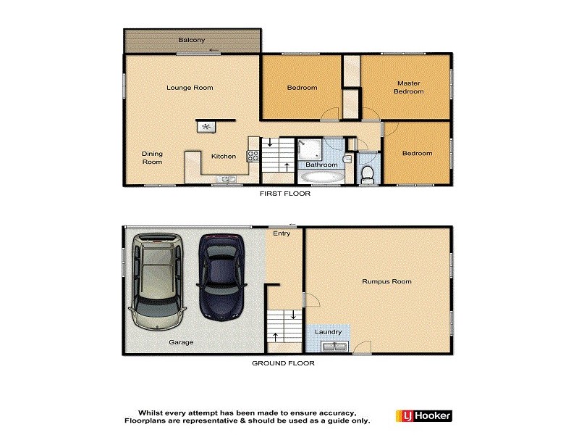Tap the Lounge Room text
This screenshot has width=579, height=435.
(x=190, y=88)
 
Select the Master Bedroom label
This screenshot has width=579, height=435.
(x=408, y=87)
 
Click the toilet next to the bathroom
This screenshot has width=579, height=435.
(x=367, y=173)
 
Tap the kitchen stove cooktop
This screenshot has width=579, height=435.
(x=253, y=154)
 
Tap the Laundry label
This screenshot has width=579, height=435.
(x=329, y=332)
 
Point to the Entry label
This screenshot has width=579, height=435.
(x=282, y=234)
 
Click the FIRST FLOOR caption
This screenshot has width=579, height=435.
(x=285, y=194)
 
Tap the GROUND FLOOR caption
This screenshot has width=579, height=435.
(x=283, y=363)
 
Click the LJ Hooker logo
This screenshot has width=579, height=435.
(x=424, y=415)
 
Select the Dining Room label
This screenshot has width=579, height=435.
(x=152, y=157)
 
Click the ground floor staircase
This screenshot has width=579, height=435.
(x=284, y=327)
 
